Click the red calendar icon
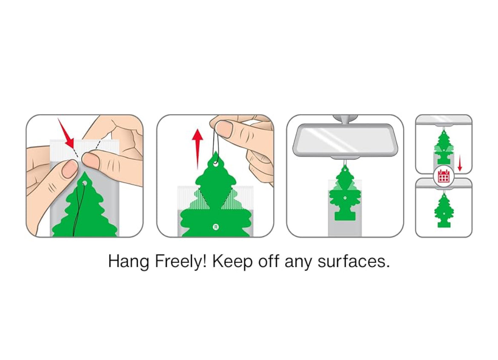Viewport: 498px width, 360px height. coord(444,176)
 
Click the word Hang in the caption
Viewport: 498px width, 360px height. coord(129,262)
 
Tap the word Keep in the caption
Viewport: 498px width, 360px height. coord(232,262)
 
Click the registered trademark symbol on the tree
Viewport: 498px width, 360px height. coord(216,227)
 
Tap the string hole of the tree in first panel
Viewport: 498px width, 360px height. coord(84,183)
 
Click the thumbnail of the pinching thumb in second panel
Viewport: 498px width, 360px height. coord(225,129)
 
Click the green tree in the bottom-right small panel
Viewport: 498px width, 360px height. coord(444,210)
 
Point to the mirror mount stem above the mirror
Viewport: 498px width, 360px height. coord(345,120)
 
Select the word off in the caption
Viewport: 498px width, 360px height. coord(269,262)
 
